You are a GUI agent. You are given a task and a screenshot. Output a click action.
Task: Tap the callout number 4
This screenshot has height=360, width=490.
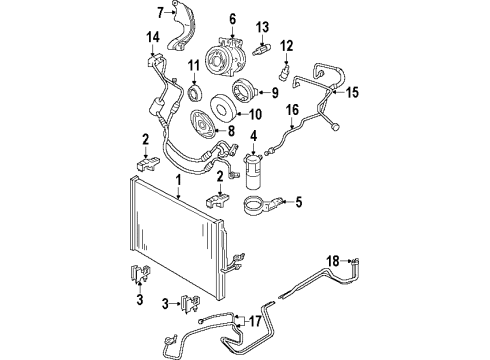[254, 136]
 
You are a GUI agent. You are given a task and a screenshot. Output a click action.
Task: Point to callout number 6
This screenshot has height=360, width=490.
[232, 17]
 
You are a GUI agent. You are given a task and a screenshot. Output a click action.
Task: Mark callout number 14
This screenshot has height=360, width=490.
[152, 38]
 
